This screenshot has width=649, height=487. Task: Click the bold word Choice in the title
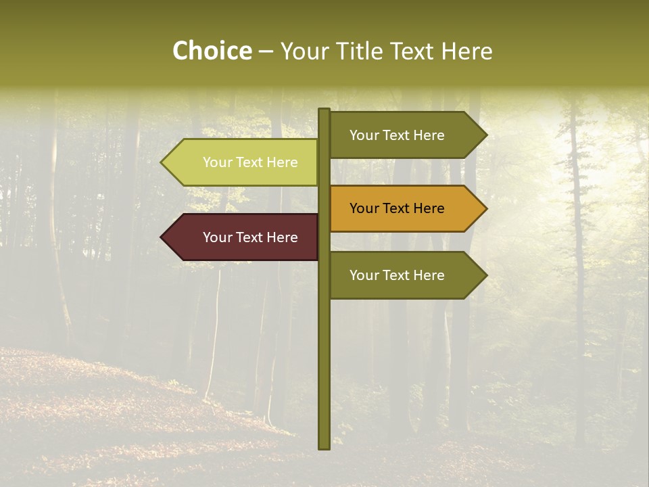212,51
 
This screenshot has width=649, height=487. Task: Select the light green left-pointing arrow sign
243,162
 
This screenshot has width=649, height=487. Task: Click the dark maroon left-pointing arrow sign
243,237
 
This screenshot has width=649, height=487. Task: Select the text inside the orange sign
397,208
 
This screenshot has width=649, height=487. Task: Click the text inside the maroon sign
250,237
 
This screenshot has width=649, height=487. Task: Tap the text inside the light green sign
250,162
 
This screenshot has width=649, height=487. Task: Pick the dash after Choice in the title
266,52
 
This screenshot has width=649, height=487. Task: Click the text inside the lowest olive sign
397,275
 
